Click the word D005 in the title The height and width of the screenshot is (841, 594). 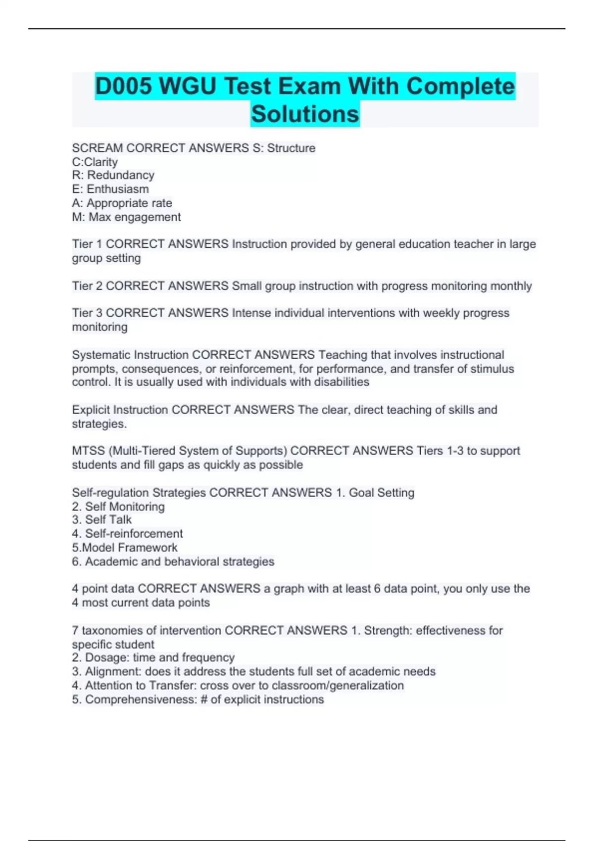coord(124,87)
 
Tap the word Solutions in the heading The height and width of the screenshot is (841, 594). coord(305,114)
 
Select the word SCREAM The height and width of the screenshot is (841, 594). coord(97,148)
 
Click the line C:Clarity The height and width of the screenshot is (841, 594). coord(95,162)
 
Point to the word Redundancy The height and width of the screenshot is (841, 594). coord(121,175)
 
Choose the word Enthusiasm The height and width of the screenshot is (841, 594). coord(118,189)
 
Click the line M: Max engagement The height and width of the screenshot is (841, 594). coord(126,217)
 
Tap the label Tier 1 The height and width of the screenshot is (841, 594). coord(87,244)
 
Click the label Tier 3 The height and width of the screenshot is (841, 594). coord(87,313)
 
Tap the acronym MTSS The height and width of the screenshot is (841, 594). coord(88,451)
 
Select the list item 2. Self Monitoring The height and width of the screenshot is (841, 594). coord(118,507)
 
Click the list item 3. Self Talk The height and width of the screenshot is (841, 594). coord(101,519)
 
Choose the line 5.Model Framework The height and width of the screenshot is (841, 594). coord(125,548)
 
